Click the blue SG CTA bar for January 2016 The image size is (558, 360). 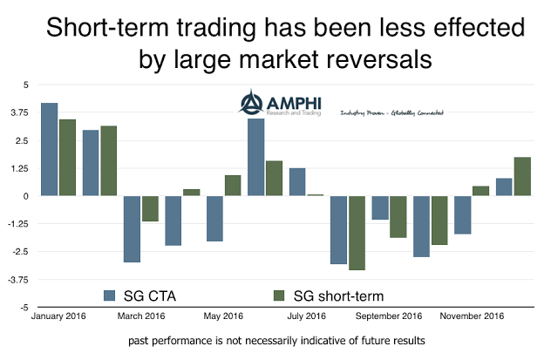pyautogui.click(x=49, y=149)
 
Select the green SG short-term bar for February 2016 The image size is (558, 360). pyautogui.click(x=109, y=160)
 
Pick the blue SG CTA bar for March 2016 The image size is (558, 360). pyautogui.click(x=132, y=228)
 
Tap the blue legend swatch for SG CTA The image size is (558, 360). pyautogui.click(x=110, y=293)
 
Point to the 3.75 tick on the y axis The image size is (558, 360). pyautogui.click(x=19, y=112)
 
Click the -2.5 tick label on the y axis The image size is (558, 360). pyautogui.click(x=18, y=252)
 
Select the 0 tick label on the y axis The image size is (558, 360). pyautogui.click(x=26, y=196)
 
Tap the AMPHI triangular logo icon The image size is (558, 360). pyautogui.click(x=251, y=105)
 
